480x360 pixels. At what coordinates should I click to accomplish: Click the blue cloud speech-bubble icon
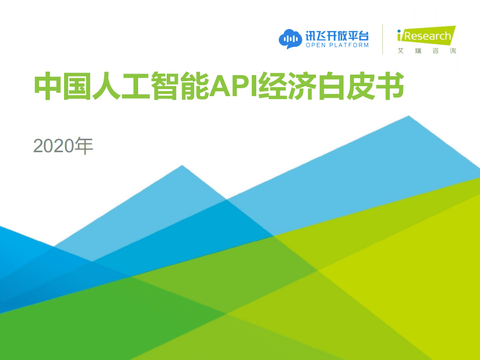[289, 39]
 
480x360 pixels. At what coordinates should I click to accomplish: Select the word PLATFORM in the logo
[350, 45]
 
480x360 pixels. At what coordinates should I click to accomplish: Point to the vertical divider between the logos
[383, 39]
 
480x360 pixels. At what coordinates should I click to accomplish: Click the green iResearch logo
[426, 36]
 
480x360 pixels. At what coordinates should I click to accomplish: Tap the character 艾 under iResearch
[400, 51]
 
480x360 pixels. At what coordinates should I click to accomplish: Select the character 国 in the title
[74, 87]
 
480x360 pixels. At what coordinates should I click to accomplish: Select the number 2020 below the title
[54, 146]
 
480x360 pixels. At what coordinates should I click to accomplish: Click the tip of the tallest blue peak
[409, 117]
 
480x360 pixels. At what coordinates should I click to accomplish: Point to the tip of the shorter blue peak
[182, 166]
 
